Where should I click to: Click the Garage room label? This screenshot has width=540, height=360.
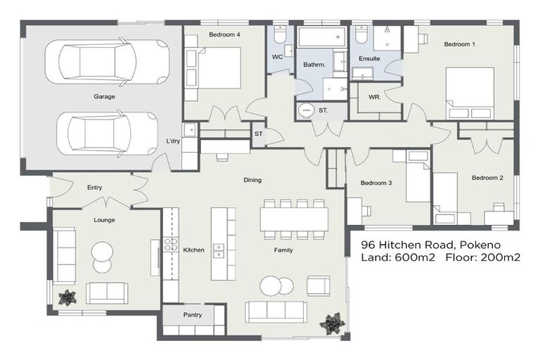104,96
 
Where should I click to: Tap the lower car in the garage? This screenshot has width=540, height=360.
112,133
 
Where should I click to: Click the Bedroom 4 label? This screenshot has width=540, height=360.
224,34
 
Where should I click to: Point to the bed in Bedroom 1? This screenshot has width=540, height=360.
470,94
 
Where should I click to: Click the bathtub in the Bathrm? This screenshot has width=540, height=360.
321,37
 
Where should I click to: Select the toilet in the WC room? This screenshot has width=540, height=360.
279,35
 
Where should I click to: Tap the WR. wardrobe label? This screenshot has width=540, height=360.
375,98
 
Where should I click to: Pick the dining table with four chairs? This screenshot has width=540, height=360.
293,218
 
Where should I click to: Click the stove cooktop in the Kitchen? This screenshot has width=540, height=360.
170,245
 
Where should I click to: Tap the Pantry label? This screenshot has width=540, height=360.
193,315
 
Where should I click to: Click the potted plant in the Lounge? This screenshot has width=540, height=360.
67,297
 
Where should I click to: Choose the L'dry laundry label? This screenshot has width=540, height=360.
173,141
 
